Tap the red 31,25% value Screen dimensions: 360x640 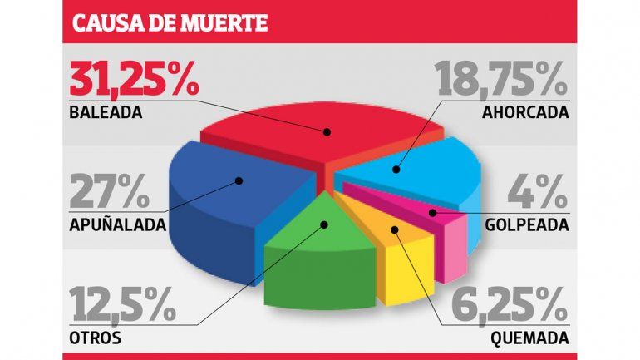tap(132, 81)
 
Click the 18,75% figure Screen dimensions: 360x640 tap(502, 81)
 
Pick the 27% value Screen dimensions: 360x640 tap(110, 192)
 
